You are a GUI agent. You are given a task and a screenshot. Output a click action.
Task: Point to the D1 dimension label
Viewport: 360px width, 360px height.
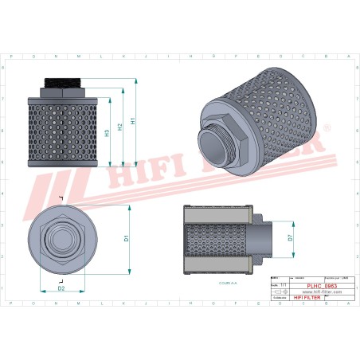coord(127,237)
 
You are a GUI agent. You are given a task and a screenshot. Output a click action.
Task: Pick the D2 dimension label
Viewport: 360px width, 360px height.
coord(61,288)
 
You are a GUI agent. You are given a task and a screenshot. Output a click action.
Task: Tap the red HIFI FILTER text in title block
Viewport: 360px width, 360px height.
coord(307,297)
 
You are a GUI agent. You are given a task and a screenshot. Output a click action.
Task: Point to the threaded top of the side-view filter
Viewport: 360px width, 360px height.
coord(61,82)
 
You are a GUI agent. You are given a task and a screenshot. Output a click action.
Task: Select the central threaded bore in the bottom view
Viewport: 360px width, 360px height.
coord(61,237)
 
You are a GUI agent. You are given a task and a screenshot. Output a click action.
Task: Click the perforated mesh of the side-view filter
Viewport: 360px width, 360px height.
coord(61,131)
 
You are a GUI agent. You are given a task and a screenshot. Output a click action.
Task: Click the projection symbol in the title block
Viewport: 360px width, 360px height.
coord(278,292)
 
